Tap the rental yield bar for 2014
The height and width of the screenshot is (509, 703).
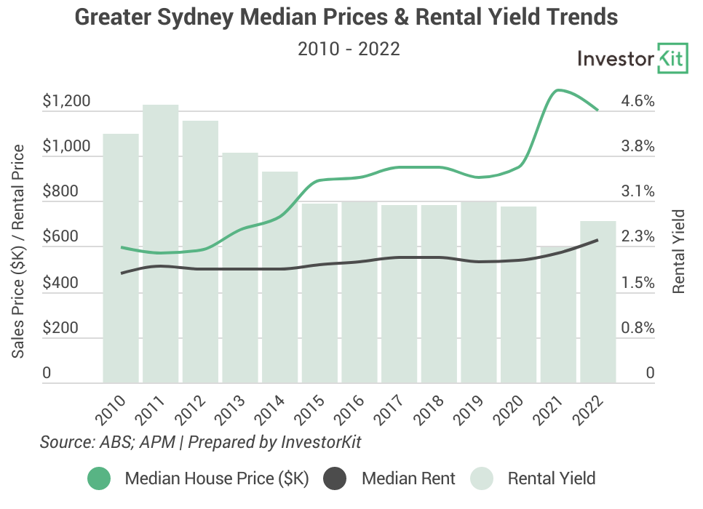coord(280,277)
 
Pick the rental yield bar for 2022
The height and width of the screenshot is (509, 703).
coord(598,302)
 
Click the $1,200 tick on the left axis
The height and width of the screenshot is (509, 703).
coord(66,101)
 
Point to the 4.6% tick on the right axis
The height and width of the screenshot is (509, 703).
coord(638,101)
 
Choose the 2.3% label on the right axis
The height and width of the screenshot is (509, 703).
coord(638,237)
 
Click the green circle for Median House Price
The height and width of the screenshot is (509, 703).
coord(98,478)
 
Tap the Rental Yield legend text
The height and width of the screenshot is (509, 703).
coord(551,478)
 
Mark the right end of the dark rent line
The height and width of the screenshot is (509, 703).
coord(597,240)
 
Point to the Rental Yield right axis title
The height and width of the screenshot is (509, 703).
coord(679,252)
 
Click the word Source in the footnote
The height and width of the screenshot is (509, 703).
coord(64,442)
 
